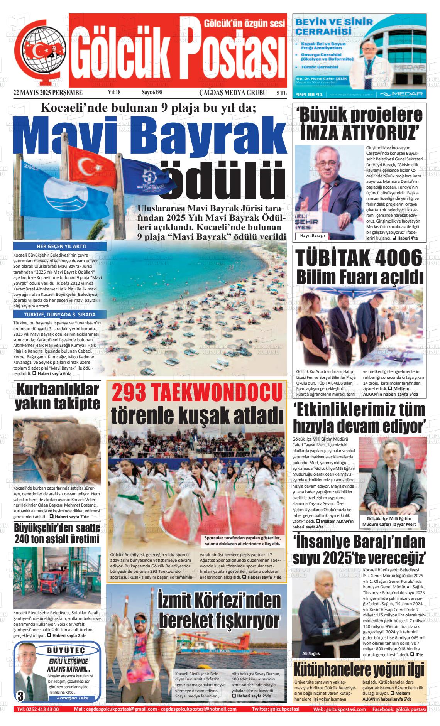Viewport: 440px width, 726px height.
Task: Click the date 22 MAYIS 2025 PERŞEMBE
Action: pyautogui.click(x=48, y=93)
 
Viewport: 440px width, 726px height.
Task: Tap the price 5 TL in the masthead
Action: pyautogui.click(x=281, y=93)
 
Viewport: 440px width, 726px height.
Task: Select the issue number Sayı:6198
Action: pyautogui.click(x=152, y=93)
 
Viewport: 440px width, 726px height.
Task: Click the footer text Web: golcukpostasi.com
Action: pyautogui.click(x=339, y=709)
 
